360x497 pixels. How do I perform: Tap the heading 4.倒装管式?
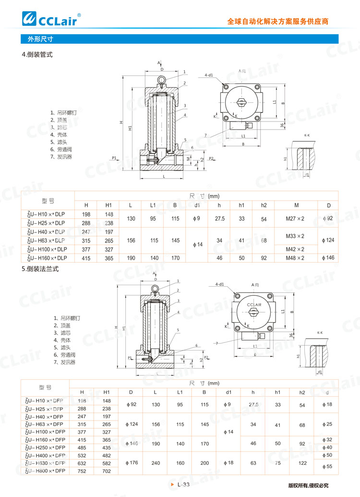(37, 55)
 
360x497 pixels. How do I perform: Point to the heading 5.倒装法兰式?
(40, 269)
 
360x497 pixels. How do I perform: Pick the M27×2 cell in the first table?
(295, 218)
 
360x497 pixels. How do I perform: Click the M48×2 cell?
(295, 258)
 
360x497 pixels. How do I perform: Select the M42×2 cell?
(295, 249)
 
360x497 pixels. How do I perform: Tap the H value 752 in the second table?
(82, 471)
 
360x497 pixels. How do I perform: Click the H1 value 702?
(107, 471)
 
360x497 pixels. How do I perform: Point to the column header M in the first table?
(296, 205)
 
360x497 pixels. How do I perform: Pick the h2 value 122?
(302, 462)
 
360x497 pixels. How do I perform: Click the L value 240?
(155, 462)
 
